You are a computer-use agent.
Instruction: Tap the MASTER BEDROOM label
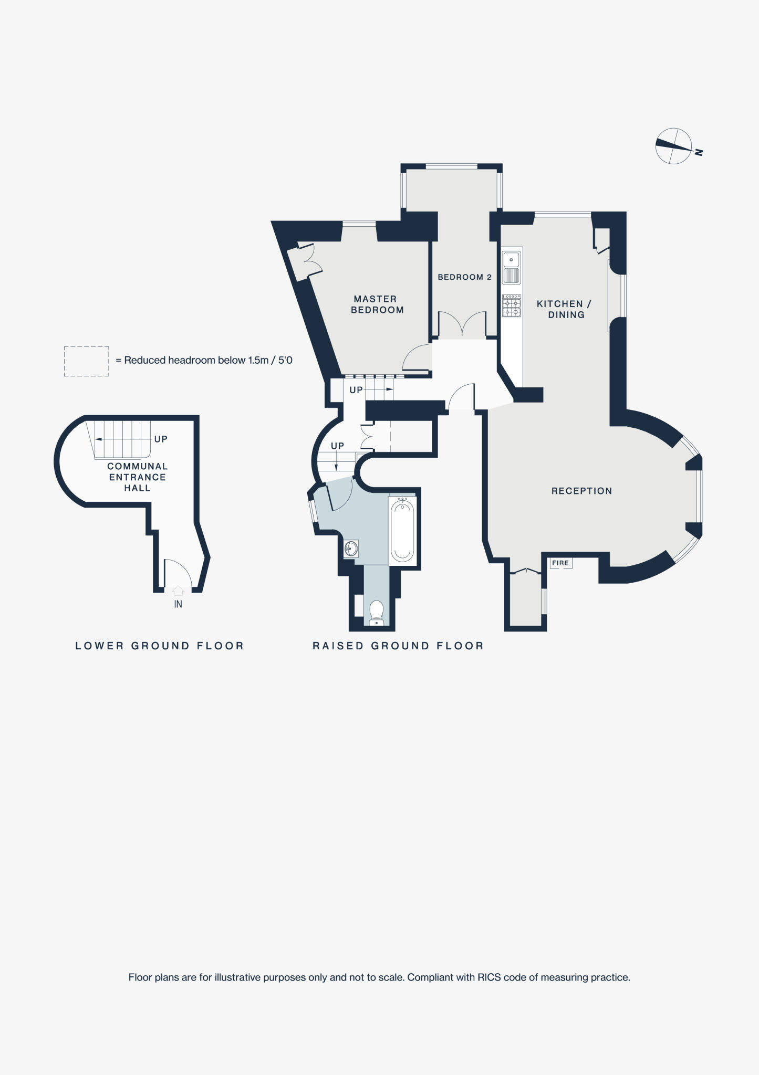pyautogui.click(x=377, y=304)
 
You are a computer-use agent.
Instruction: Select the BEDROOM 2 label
pyautogui.click(x=464, y=277)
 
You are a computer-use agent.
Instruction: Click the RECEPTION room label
pyautogui.click(x=581, y=491)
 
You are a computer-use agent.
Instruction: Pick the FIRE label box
pyautogui.click(x=560, y=563)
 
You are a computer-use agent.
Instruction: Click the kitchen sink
pyautogui.click(x=511, y=260)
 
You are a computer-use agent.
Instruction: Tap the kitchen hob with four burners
pyautogui.click(x=512, y=305)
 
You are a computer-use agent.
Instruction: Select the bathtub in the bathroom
pyautogui.click(x=402, y=530)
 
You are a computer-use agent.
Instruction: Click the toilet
pyautogui.click(x=376, y=612)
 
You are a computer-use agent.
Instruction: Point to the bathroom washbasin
pyautogui.click(x=351, y=549)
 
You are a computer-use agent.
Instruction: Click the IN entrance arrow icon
pyautogui.click(x=178, y=591)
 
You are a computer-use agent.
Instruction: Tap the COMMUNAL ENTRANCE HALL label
pyautogui.click(x=137, y=477)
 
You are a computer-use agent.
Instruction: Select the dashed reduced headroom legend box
pyautogui.click(x=87, y=361)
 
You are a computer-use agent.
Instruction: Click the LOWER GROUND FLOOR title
pyautogui.click(x=160, y=646)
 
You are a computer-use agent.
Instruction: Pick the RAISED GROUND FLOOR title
pyautogui.click(x=398, y=646)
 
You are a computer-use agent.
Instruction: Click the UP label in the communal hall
pyautogui.click(x=161, y=439)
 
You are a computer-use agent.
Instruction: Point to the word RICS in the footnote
pyautogui.click(x=489, y=978)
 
